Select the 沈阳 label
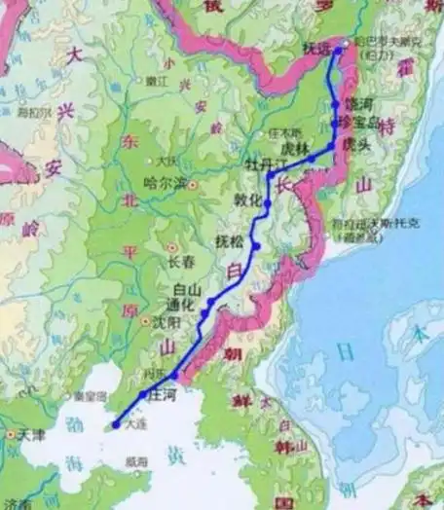click(x=168, y=320)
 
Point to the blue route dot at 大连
click(x=116, y=424)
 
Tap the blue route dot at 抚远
click(x=340, y=46)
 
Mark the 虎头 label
click(x=354, y=142)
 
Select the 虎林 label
click(x=294, y=148)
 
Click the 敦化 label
click(x=249, y=200)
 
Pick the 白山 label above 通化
click(x=186, y=289)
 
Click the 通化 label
click(x=188, y=305)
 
